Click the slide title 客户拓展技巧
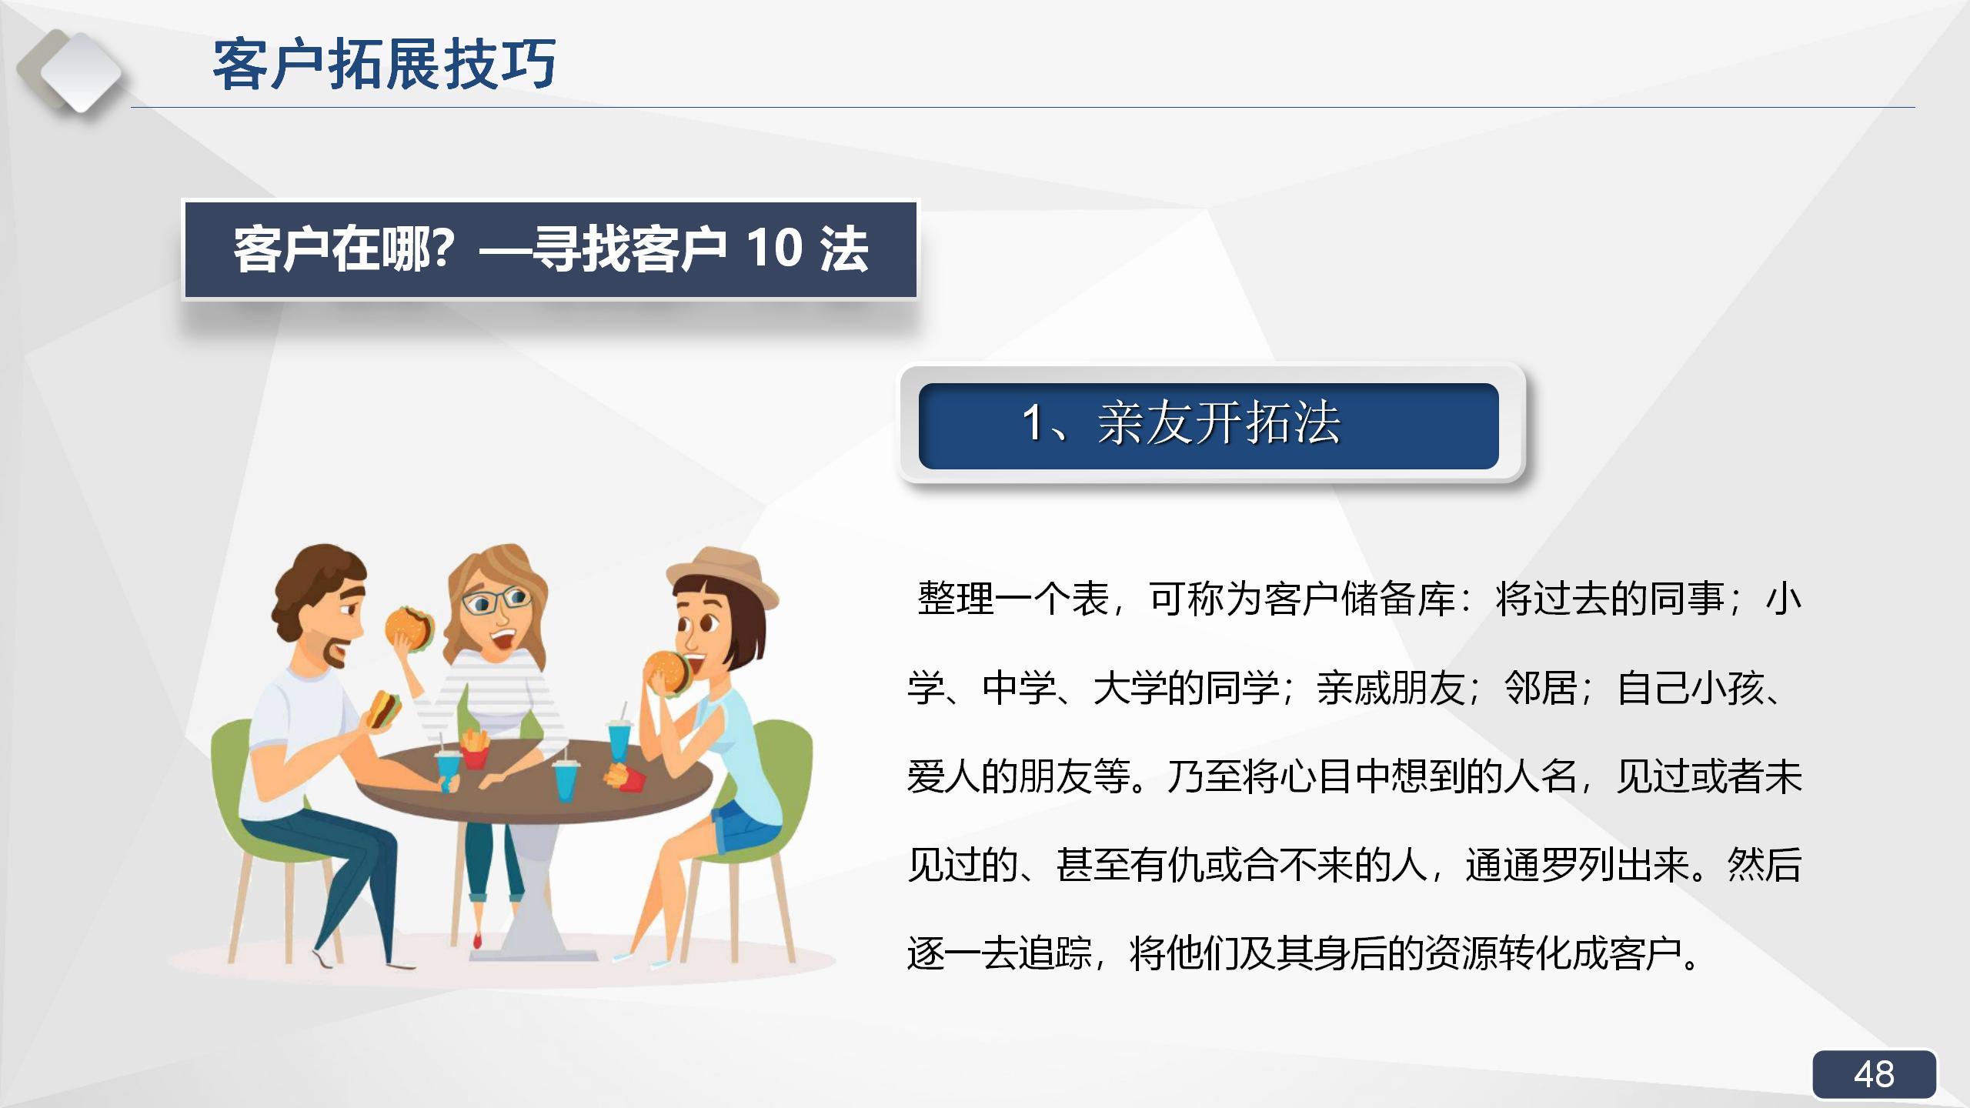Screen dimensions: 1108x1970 (384, 65)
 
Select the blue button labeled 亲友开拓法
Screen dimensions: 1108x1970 (1208, 426)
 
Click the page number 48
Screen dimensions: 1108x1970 (1874, 1074)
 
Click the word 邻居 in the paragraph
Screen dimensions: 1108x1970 (1541, 688)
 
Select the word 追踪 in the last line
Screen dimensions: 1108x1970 (1056, 953)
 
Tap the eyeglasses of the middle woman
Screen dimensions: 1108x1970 (497, 601)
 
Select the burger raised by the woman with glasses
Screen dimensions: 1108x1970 (409, 628)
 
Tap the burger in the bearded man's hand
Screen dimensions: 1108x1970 (383, 708)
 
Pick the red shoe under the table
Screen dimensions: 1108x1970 (477, 939)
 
